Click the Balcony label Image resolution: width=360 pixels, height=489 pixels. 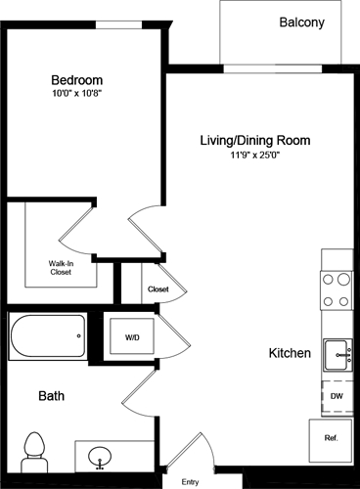[301, 22]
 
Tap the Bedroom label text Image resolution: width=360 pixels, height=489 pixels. [76, 79]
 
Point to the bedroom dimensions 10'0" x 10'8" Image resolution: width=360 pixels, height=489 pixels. [76, 95]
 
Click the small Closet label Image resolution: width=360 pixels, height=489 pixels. [158, 289]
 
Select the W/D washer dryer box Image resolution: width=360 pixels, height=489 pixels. [131, 337]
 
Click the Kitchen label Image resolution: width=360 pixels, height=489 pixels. [290, 352]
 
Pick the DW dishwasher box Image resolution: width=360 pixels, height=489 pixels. [336, 396]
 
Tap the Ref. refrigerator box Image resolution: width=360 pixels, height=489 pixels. [331, 439]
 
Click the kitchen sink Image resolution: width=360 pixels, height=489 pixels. [337, 351]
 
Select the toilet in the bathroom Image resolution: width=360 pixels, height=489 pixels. [34, 449]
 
